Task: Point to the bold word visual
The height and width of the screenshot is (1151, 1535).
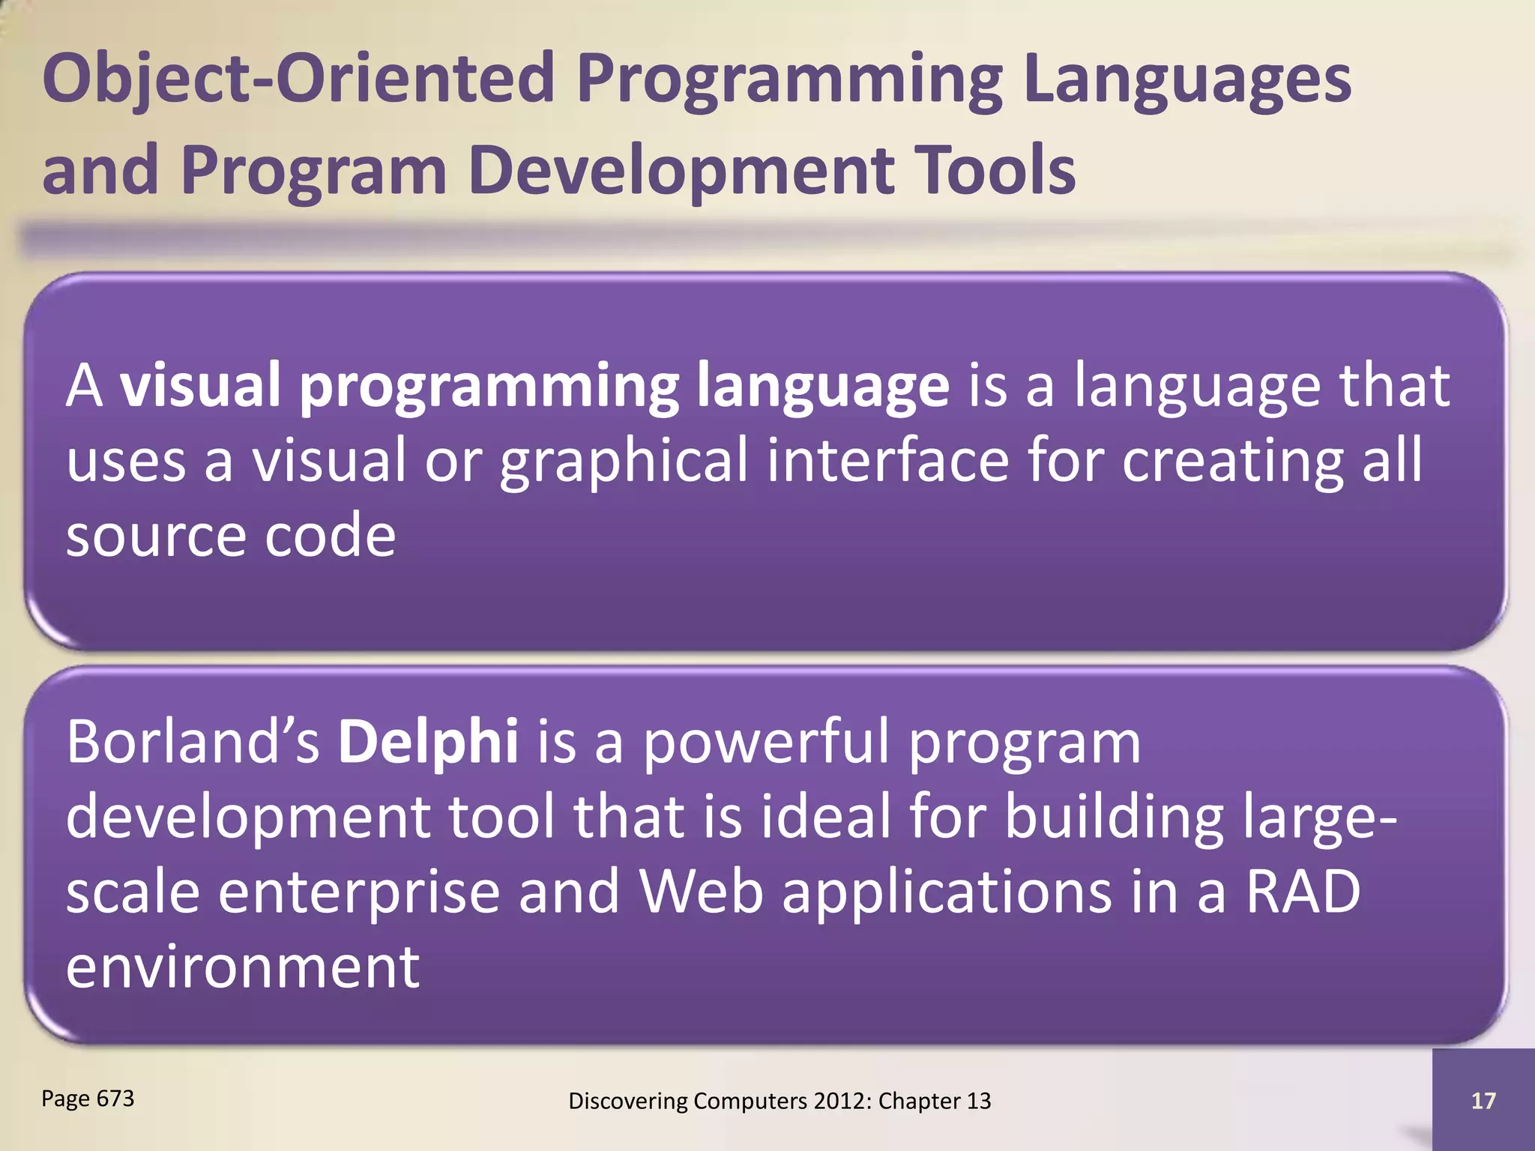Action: (201, 385)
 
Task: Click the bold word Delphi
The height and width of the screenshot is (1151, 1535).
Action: (427, 740)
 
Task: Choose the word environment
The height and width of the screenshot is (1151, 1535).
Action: (242, 967)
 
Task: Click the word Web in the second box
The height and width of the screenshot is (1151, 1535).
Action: (701, 892)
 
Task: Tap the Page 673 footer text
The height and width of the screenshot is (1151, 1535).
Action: (88, 1099)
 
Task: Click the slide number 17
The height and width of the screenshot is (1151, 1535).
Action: (1483, 1101)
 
